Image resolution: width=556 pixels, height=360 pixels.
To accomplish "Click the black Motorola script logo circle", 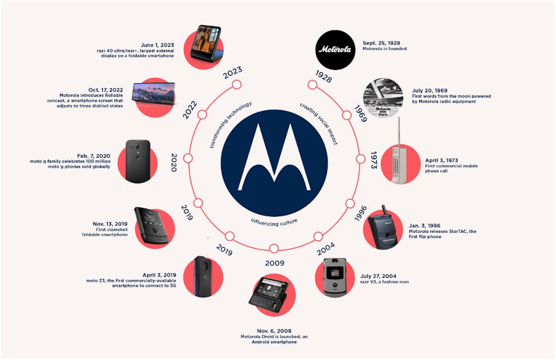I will point(335,49).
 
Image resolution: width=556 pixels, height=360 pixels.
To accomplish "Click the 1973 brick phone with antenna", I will point(401,158).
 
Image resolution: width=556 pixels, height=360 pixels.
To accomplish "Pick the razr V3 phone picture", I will point(335,277).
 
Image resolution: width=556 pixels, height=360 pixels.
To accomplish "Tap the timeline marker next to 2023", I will point(236,84).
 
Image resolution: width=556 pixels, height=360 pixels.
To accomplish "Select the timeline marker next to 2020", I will point(188,158).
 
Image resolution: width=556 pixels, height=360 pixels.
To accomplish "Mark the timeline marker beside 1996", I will point(350,203).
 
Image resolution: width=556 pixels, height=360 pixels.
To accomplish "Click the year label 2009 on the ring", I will point(275,263).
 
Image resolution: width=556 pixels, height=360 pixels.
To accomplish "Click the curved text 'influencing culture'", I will point(274,222).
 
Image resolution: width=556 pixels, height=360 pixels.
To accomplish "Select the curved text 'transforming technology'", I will point(229,124).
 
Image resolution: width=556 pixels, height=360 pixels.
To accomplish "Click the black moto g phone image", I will point(138,161).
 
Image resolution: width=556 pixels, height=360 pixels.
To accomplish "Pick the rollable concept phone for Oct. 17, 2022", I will point(154,94).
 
